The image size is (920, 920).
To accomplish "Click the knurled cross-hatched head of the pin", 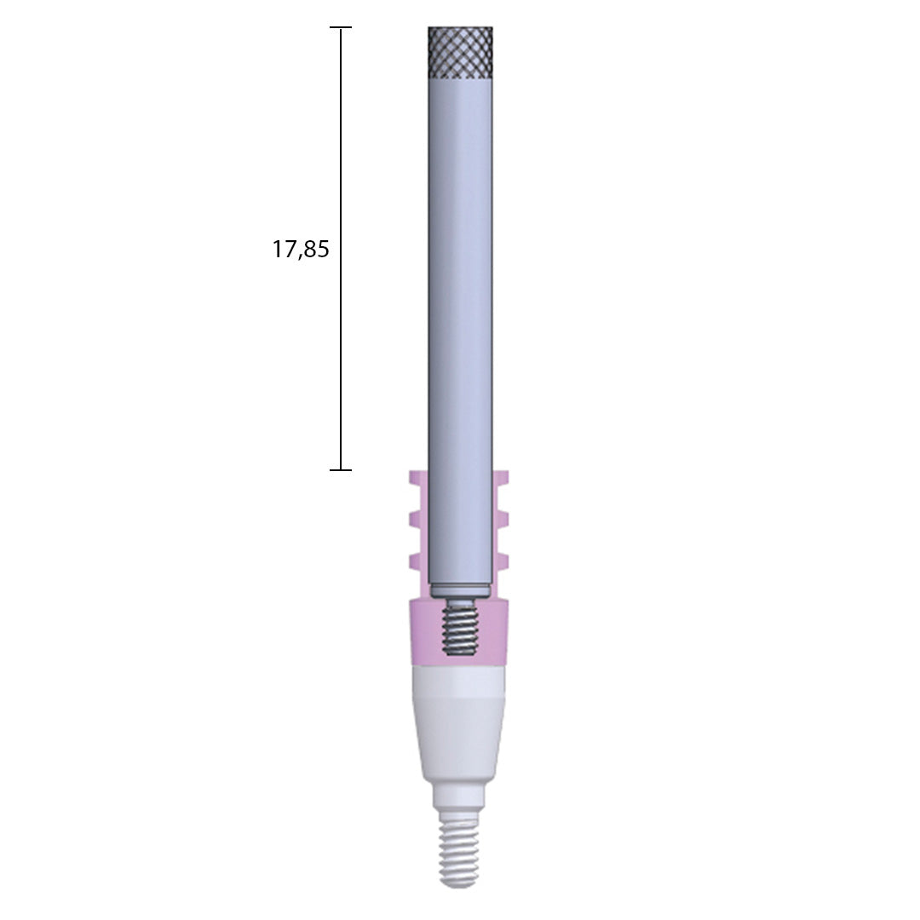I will pos(460,52).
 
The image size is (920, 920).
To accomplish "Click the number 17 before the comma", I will pos(282,250).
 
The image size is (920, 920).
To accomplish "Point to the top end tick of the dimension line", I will pos(341,28).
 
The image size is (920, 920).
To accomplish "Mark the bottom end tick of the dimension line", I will pos(341,469).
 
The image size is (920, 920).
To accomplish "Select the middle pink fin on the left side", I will pos(417,519).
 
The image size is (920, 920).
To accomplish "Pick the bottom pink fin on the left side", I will pos(417,561).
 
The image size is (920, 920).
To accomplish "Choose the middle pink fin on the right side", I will pos(502,519).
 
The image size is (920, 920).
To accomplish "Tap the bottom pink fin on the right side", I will pos(502,561).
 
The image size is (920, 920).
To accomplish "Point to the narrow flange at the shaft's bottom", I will pos(460,590).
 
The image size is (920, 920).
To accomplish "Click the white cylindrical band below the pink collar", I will pos(460,681).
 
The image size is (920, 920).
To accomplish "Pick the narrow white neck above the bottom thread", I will pos(458,797).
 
